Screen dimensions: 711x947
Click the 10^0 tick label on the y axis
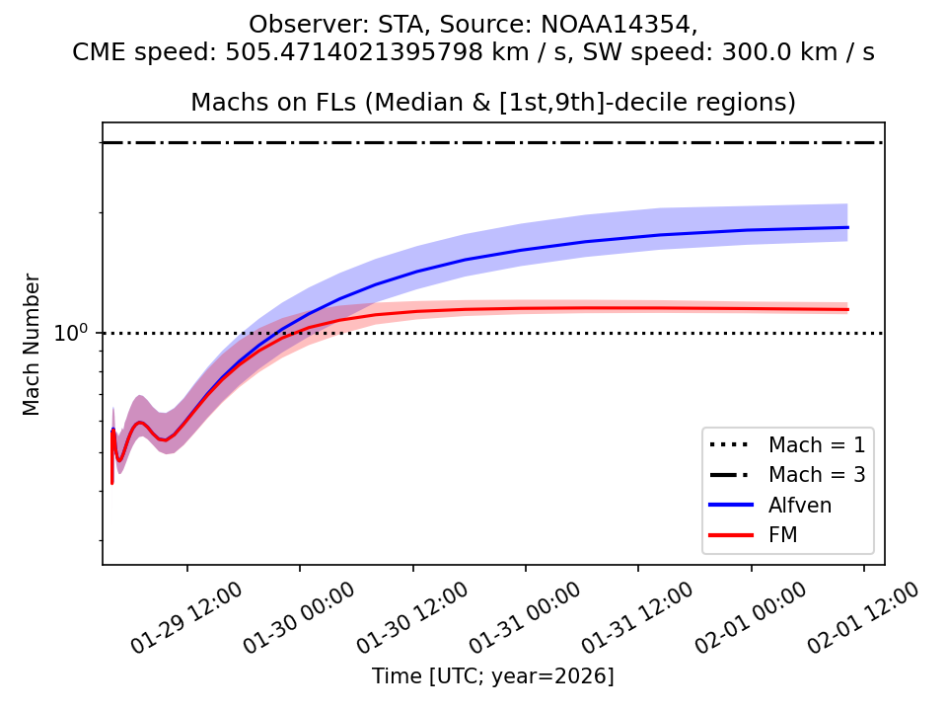(72, 333)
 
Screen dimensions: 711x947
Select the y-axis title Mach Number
(33, 345)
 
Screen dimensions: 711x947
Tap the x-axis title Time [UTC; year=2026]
(492, 676)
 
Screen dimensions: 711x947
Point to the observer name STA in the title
(372, 24)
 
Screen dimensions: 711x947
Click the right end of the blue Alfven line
(847, 228)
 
